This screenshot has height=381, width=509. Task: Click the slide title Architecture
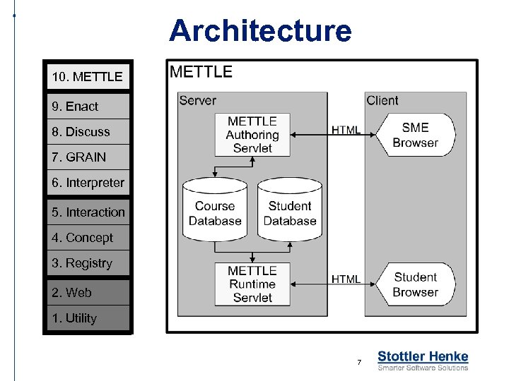(259, 31)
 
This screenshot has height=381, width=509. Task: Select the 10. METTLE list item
(88, 76)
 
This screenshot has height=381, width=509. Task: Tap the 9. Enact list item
(88, 107)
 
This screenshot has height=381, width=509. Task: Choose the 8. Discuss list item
(88, 132)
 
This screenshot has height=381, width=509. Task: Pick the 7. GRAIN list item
(88, 157)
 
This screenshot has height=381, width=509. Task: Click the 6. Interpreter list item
(88, 183)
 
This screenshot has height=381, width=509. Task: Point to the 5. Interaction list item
(88, 212)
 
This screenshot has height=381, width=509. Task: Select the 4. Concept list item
(88, 238)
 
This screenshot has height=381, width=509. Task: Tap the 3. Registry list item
(88, 263)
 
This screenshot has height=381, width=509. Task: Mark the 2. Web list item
(88, 293)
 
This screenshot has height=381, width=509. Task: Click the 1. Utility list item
(88, 318)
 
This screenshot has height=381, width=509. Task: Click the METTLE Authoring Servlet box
(252, 135)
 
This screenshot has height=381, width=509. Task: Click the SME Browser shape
(415, 135)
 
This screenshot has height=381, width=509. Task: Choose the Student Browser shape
(415, 284)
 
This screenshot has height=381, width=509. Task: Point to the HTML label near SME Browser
(346, 130)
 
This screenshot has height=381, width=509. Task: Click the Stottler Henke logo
(423, 361)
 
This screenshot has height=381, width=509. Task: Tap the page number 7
(359, 363)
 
